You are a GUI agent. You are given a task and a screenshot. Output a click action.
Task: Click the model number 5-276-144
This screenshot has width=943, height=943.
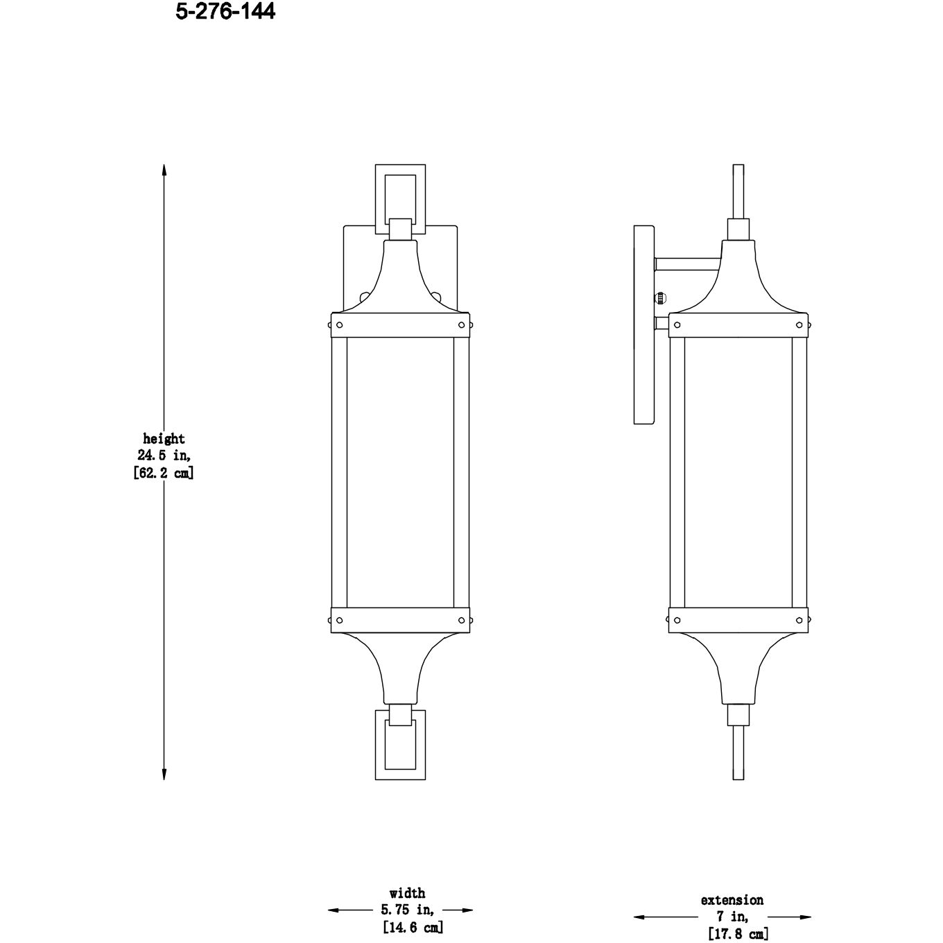[x=225, y=12]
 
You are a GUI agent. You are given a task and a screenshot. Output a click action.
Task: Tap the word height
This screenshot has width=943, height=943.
[x=164, y=439]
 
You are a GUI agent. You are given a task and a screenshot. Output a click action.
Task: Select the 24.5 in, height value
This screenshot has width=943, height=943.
[x=164, y=456]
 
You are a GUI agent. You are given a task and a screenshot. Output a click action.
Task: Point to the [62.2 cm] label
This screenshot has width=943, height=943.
[x=164, y=474]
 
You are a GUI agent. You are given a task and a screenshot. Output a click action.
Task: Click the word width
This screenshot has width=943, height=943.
[x=407, y=893]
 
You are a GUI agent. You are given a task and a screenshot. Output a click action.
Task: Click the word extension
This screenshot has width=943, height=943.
[x=732, y=900]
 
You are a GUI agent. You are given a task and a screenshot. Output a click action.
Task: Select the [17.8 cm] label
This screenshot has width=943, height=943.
[x=736, y=934]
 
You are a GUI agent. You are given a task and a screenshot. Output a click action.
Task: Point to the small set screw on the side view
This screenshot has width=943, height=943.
[x=660, y=298]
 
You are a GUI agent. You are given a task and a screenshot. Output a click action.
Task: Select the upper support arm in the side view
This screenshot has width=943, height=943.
[x=689, y=263]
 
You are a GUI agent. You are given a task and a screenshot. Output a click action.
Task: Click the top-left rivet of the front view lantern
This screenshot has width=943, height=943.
[x=339, y=325]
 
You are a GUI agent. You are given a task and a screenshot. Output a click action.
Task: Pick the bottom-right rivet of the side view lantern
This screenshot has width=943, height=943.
[x=799, y=619]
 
